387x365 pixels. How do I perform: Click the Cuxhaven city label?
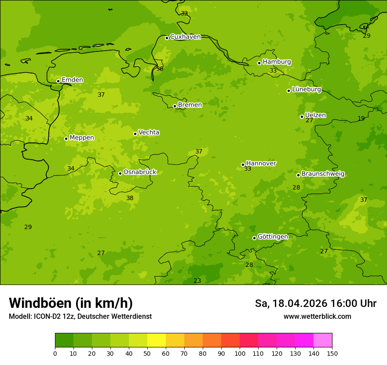[185, 37]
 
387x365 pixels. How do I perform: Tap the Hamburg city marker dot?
[259, 63]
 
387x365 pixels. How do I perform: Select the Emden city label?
[72, 80]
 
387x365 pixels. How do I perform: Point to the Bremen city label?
[190, 105]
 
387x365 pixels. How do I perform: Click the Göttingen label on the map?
[273, 237]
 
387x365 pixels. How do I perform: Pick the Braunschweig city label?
[323, 174]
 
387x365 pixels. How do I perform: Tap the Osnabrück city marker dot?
[120, 173]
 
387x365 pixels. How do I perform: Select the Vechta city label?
[149, 132]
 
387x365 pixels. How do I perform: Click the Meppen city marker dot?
[66, 139]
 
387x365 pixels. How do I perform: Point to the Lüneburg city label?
[307, 89]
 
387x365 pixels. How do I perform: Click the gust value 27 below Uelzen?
[309, 120]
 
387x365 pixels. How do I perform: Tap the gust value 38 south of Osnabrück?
[130, 198]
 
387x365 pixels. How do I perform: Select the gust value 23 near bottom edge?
[197, 281]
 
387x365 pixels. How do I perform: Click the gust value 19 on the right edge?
[361, 119]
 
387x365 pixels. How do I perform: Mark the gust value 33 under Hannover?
[248, 169]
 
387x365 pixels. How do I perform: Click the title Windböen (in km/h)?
[71, 303]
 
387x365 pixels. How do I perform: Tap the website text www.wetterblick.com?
[317, 317]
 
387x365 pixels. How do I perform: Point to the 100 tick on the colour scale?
[240, 353]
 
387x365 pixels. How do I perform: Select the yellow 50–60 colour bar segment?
[157, 340]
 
